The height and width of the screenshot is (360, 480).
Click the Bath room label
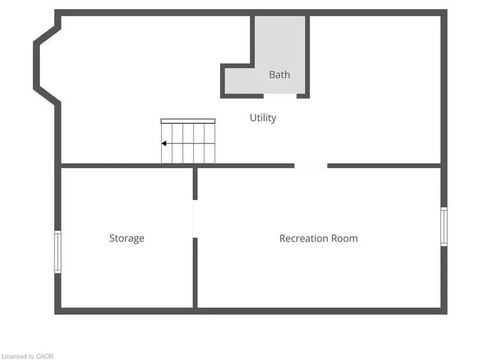pyautogui.click(x=279, y=74)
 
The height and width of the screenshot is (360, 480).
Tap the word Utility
pyautogui.click(x=263, y=118)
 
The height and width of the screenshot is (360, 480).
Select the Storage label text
pyautogui.click(x=127, y=238)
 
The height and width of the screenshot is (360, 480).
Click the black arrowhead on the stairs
pyautogui.click(x=163, y=143)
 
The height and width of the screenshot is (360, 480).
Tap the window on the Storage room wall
pyautogui.click(x=58, y=252)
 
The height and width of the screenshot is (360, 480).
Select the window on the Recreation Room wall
pyautogui.click(x=444, y=227)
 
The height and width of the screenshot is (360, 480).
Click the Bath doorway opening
pyautogui.click(x=280, y=96)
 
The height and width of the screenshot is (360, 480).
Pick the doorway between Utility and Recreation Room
pyautogui.click(x=311, y=166)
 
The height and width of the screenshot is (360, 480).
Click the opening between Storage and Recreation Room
pyautogui.click(x=195, y=219)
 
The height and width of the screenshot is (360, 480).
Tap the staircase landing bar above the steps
pyautogui.click(x=188, y=121)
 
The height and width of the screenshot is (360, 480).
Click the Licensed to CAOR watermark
pyautogui.click(x=27, y=357)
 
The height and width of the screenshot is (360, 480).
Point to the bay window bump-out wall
pyautogui.click(x=37, y=65)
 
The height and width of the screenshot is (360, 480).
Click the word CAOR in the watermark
pyautogui.click(x=45, y=357)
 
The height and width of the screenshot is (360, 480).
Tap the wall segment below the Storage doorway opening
pyautogui.click(x=195, y=273)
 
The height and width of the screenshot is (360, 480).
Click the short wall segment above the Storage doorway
pyautogui.click(x=195, y=184)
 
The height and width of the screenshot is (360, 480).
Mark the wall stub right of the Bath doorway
pyautogui.click(x=303, y=96)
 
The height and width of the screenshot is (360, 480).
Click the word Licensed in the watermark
pyautogui.click(x=14, y=357)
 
